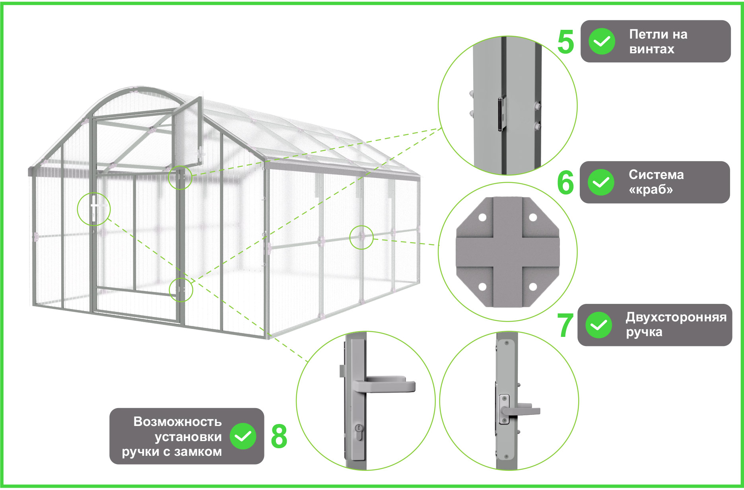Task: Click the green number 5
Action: pos(565,42)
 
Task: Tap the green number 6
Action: pos(565,183)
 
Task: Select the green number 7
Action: pos(565,325)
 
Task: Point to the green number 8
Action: pos(279,436)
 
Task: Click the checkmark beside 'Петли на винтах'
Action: pos(602,41)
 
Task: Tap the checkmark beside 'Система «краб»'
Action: pos(601,182)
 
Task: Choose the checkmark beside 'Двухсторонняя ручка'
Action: pos(598,325)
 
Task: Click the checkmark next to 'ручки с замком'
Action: pos(243,436)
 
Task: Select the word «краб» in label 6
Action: pos(651,189)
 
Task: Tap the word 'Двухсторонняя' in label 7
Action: pos(676,317)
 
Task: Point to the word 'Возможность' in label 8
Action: pos(177,421)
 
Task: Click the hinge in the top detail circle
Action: pos(502,114)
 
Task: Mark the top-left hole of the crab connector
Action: pos(482,218)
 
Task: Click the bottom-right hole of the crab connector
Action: pos(533,286)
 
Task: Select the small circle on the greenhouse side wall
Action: pos(361,237)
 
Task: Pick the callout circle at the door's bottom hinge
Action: pos(181,290)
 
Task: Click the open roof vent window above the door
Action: pos(187,135)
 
